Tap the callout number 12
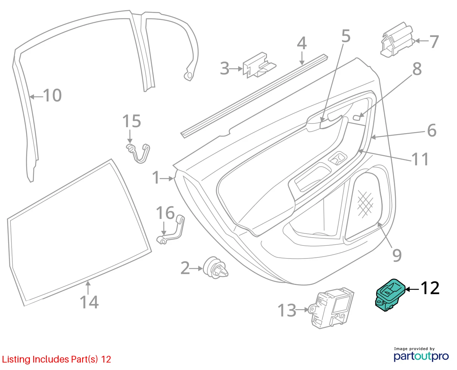pos(430,288)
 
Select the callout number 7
pos(434,42)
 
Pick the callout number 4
pos(302,43)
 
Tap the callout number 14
pos(89,302)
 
